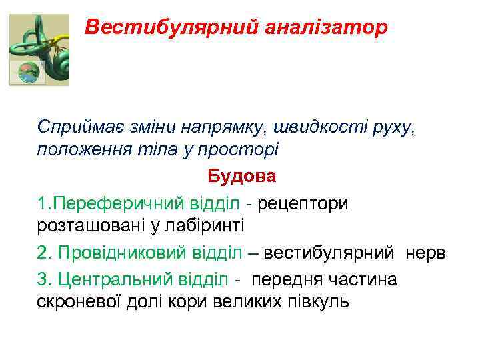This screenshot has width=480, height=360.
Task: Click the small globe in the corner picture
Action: coord(27,73)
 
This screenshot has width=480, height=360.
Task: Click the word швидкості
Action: coord(334,126)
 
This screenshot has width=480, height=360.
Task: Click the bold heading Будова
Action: coord(241,177)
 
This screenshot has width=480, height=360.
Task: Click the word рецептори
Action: coord(303,202)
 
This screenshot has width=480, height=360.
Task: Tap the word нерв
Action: coord(428,253)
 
